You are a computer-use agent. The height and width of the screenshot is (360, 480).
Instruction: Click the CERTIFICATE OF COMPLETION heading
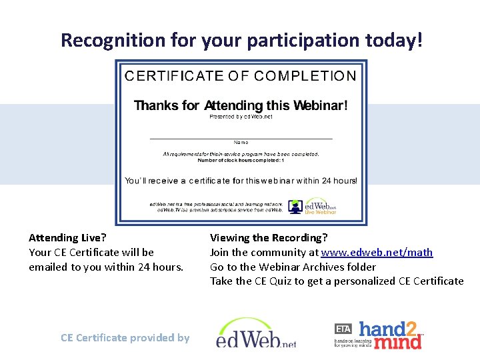tap(240, 76)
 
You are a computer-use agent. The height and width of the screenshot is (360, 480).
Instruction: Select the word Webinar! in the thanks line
tap(321, 105)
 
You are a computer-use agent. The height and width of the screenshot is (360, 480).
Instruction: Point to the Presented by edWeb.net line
tap(241, 117)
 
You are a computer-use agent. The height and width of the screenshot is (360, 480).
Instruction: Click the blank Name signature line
tap(241, 137)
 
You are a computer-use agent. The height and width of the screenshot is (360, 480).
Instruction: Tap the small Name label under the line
tap(241, 142)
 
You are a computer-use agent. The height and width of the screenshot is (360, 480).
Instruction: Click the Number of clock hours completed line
tap(241, 161)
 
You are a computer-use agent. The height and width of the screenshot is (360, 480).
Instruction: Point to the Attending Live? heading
tap(67, 237)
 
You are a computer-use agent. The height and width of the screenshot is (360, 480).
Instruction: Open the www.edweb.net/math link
tap(377, 252)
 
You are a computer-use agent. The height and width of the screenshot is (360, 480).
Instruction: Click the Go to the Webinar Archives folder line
tap(293, 267)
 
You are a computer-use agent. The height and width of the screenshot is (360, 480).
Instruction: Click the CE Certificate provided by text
tap(125, 337)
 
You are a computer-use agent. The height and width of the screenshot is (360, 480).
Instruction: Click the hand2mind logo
tap(390, 335)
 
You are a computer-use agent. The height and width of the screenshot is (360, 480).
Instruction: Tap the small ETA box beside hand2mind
tap(343, 329)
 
